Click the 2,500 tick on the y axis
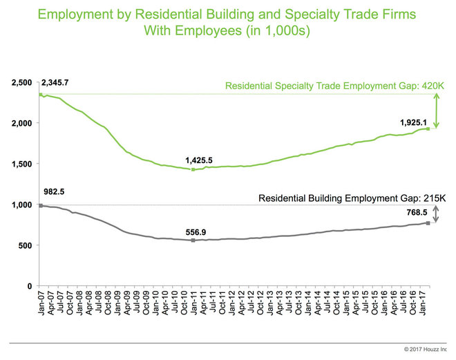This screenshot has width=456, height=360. tap(22, 83)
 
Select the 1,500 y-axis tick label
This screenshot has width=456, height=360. tap(22, 164)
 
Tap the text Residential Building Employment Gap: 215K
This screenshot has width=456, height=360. tap(350, 198)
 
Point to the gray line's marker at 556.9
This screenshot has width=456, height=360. tap(193, 240)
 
